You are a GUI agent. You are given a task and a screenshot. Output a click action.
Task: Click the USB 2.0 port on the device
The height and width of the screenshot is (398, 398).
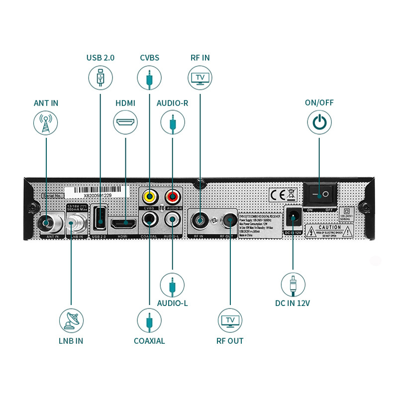coord(100,217)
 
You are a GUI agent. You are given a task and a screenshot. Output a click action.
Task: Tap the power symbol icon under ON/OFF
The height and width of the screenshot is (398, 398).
coord(319,122)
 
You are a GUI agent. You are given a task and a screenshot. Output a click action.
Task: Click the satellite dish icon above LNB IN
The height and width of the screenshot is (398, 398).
coord(71,320)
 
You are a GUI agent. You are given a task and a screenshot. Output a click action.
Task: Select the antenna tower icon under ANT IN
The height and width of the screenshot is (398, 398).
coord(46,122)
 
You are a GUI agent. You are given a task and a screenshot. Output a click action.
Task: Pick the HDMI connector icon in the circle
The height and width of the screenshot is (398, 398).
coord(125,122)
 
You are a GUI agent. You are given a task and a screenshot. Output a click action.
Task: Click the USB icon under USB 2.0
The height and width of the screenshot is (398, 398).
coord(100,77)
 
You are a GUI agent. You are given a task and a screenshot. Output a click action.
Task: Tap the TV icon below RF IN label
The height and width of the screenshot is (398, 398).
coord(200,78)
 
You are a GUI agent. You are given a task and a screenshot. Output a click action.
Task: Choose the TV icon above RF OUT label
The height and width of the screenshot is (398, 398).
coord(230,320)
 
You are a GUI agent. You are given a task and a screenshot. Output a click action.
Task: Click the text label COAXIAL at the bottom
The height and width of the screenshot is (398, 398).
coord(149,341)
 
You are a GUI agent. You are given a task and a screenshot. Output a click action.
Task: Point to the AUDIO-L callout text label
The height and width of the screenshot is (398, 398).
coord(172,303)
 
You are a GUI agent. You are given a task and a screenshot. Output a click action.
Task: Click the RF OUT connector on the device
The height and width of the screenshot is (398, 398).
coord(230,219)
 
